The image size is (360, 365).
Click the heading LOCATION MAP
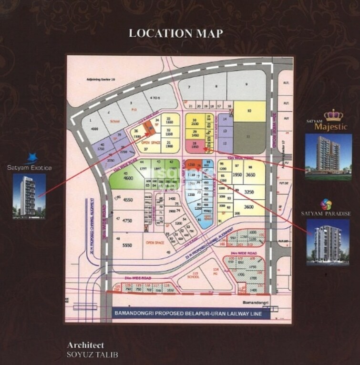176,33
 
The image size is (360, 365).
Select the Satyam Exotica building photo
29,196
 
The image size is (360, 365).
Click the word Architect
85,345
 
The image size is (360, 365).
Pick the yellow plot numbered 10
249,111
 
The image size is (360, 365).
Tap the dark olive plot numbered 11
249,137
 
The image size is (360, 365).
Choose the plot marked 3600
248,207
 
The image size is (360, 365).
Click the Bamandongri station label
247,303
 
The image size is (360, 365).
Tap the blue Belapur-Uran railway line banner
190,314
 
